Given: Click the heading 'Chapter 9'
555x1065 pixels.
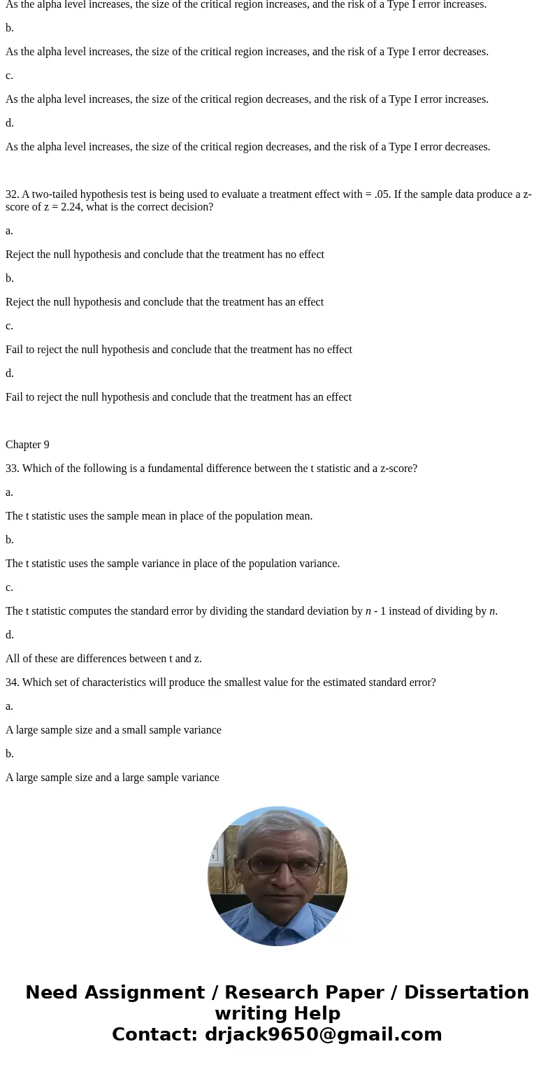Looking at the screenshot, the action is pos(27,445).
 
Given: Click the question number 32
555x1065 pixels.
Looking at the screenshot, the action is pos(11,194).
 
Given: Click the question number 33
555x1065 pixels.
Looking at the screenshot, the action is pos(11,469).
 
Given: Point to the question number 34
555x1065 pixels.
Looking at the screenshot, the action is pos(11,682).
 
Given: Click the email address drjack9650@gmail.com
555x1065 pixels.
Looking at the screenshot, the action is pos(323,1034).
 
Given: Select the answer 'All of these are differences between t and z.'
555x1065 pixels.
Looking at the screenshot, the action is pos(103,659).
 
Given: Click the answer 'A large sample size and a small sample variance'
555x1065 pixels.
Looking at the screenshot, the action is pos(113,730).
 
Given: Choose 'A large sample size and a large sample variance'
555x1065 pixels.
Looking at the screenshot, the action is pos(113,778).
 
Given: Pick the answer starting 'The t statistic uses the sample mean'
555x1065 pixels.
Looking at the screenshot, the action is pos(159,516).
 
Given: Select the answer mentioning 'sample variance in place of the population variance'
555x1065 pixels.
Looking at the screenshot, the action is pos(173,564).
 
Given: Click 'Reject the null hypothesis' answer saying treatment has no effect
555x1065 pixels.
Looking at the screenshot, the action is pos(165,255).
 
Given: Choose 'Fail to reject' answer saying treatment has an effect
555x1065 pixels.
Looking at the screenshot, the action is pos(178,397).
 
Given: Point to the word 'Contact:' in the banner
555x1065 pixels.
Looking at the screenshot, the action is pos(154,1034).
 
